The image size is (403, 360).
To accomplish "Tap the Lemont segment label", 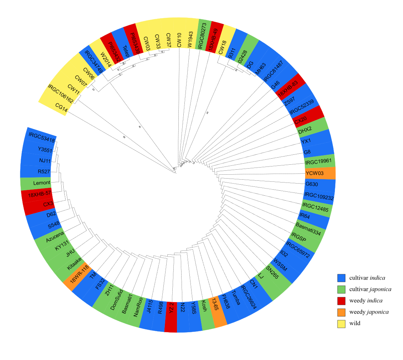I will pyautogui.click(x=42, y=183).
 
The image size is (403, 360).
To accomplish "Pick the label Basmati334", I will pyautogui.click(x=308, y=229).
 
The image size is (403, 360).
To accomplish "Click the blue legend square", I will pyautogui.click(x=341, y=278).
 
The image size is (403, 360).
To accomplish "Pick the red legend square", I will pyautogui.click(x=341, y=301).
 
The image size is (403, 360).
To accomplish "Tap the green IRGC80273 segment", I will pyautogui.click(x=203, y=35).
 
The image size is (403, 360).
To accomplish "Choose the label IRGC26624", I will pyautogui.click(x=248, y=297).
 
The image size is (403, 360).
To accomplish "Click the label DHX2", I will pyautogui.click(x=305, y=131).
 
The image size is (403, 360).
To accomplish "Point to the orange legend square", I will pyautogui.click(x=341, y=312).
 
